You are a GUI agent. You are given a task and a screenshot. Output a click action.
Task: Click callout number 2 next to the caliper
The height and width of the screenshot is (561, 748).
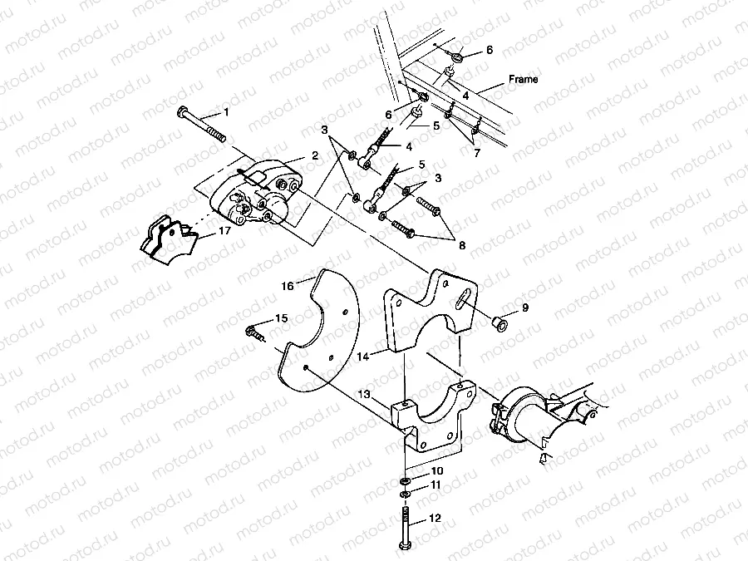point(315,155)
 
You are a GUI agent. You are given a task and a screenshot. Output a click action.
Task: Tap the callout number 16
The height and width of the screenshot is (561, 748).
point(288,285)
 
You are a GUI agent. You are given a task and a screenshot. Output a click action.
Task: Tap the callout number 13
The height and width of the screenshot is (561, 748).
point(362,395)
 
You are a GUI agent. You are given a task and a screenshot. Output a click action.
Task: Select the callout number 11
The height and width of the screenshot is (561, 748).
point(436,485)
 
